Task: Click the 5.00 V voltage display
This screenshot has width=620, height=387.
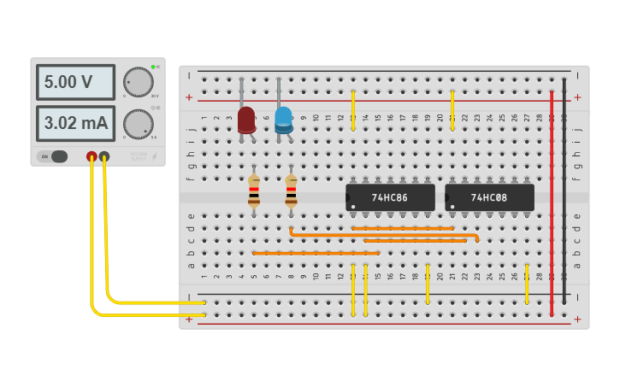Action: (75, 82)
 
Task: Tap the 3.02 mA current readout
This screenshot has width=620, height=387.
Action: (75, 123)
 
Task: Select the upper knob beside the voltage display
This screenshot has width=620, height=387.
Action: (138, 82)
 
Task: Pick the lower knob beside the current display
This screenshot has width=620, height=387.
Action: (138, 124)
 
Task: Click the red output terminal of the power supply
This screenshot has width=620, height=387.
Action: (92, 156)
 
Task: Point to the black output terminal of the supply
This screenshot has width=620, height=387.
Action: (104, 156)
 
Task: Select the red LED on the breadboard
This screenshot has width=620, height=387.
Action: (246, 120)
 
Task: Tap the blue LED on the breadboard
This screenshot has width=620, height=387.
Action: (283, 120)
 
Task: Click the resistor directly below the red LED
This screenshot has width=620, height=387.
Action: (254, 191)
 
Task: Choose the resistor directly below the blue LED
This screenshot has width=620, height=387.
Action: (291, 191)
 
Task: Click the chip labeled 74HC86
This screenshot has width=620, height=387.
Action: (390, 197)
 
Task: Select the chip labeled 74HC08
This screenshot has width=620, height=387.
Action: (489, 197)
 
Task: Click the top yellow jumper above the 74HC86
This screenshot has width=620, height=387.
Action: (353, 110)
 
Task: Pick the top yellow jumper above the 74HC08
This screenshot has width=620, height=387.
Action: (452, 110)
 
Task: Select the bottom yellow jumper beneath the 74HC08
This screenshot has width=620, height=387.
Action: (527, 284)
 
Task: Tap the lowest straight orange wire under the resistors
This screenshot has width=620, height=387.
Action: (316, 253)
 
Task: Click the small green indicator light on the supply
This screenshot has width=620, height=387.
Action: (153, 67)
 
